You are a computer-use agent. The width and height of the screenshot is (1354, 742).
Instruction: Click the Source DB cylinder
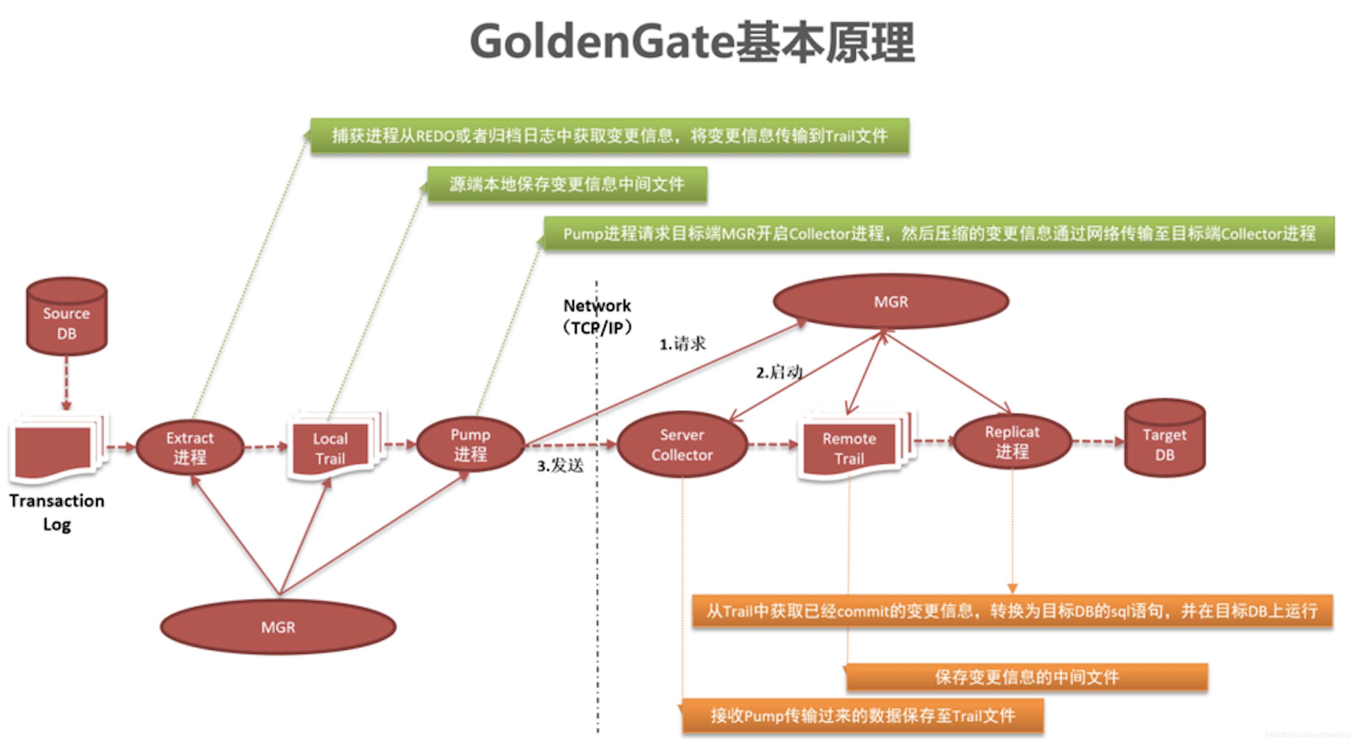point(67,318)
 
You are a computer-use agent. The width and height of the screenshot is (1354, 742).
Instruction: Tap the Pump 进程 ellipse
point(470,445)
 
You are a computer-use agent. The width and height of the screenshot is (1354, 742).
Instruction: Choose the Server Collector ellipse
point(682,445)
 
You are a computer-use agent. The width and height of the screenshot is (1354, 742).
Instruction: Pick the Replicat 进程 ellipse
point(1012,442)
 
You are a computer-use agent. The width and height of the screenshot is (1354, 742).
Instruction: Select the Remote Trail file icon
point(849,448)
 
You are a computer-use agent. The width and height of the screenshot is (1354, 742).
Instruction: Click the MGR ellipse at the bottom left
point(278,627)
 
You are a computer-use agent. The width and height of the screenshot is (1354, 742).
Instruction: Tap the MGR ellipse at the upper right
point(890,302)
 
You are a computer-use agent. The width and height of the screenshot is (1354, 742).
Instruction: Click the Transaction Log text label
point(57,512)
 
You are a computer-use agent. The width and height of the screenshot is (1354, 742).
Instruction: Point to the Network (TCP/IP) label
point(597,316)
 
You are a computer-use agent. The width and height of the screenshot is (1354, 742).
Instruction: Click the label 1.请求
point(682,344)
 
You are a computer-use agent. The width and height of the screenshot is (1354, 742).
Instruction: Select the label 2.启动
point(779,372)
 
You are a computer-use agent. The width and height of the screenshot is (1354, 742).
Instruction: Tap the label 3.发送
point(560,466)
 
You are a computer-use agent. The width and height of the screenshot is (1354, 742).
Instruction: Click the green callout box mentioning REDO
point(610,136)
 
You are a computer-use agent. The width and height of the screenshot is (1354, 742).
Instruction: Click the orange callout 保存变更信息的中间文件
point(1026,677)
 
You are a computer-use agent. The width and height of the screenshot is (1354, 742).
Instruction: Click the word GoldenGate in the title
point(602,42)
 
